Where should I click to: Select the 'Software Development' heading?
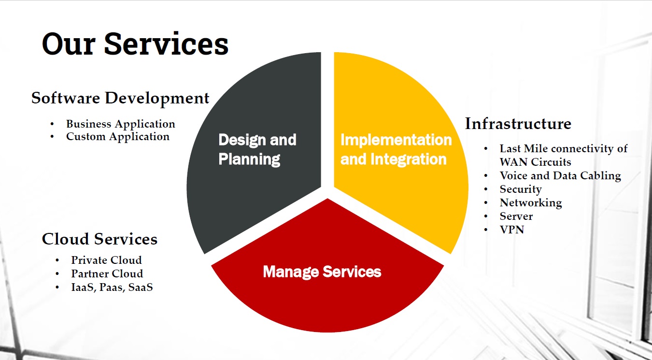click(120, 98)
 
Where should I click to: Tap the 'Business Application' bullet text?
click(121, 124)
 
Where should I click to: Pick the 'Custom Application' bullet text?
click(117, 137)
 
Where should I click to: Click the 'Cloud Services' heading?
click(99, 239)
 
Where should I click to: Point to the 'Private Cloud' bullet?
click(107, 260)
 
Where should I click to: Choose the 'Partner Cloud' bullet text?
click(107, 274)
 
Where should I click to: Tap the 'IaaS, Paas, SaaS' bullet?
click(112, 287)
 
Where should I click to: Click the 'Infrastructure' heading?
click(518, 124)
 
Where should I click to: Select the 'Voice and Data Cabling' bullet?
click(560, 175)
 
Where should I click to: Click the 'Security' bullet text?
click(521, 189)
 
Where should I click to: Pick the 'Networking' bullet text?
click(531, 203)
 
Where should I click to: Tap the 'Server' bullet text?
click(516, 216)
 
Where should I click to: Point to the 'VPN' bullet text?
click(512, 230)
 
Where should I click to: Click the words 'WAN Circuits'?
click(535, 162)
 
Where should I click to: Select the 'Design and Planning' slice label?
click(257, 149)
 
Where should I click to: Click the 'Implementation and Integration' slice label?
click(396, 149)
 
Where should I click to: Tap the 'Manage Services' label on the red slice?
click(322, 272)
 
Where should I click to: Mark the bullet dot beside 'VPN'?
click(486, 230)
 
